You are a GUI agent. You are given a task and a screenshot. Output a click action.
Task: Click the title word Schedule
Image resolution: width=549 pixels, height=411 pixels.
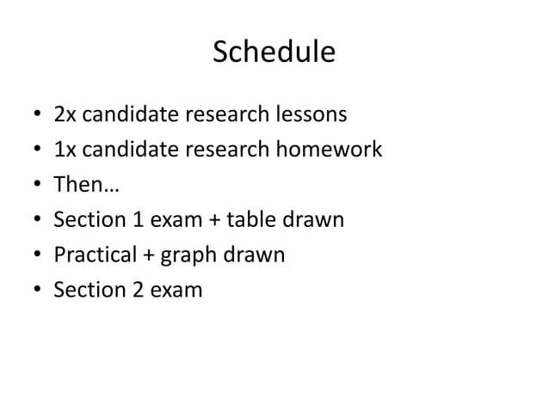click(x=274, y=53)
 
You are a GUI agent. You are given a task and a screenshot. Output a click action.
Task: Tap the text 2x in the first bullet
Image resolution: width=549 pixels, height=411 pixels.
click(x=64, y=113)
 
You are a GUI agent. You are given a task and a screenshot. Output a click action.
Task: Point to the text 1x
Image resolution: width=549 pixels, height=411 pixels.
click(x=64, y=150)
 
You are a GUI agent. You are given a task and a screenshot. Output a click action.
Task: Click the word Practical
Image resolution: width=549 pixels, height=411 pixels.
click(x=93, y=255)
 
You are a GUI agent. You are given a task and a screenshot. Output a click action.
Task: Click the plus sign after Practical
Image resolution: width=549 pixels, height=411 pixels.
click(x=145, y=256)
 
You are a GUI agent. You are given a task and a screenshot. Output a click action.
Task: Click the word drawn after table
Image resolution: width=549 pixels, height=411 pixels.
click(x=316, y=220)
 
